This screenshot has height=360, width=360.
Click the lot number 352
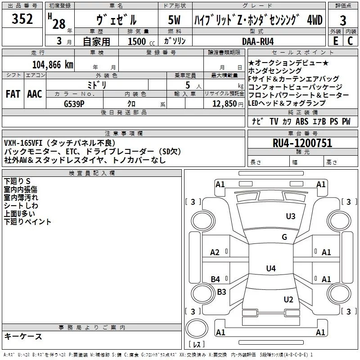point(22,19)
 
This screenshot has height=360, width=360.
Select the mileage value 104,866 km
point(53,64)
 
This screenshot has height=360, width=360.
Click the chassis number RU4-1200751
point(302,144)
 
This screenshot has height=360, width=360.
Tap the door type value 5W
point(175,20)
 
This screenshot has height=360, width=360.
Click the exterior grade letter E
point(335,41)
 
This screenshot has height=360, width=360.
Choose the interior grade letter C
point(350,41)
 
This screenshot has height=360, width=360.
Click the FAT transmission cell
point(13,94)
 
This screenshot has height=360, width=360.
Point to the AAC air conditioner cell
point(35,94)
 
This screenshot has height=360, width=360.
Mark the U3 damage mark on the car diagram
point(291,216)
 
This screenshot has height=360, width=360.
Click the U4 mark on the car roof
point(270,269)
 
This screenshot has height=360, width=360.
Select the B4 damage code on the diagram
point(216,279)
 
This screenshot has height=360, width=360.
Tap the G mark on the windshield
point(284,237)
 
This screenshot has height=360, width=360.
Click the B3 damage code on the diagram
point(221,292)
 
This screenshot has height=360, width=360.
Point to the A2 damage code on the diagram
point(215,252)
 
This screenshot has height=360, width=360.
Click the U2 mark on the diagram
point(288,299)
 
